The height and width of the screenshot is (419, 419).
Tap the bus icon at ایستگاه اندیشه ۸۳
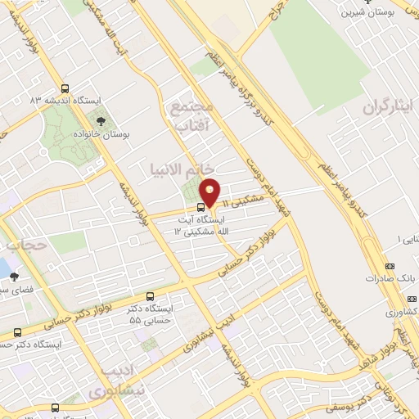65,89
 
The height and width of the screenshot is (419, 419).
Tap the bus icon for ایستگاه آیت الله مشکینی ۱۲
201,206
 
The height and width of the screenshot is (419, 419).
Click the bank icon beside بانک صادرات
390,267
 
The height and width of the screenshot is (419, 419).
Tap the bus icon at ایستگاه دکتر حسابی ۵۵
150,296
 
